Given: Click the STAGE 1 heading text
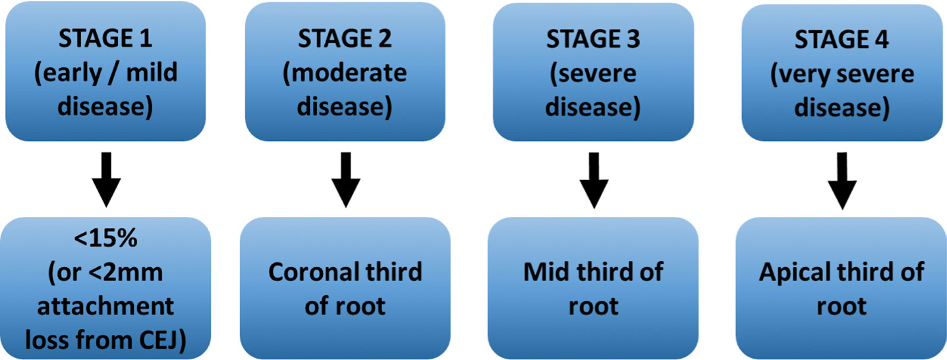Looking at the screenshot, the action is coord(105,38).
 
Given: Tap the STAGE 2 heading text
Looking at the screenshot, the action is coord(345,38).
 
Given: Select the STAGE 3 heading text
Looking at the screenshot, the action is coord(593,39).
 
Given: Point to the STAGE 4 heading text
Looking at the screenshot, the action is coord(842,40).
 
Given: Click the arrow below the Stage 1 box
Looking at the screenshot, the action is coord(107,180).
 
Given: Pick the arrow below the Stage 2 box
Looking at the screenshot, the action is coord(346,180).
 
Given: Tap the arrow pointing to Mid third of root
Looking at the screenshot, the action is coord(594,181).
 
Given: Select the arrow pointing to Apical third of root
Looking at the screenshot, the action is coord(842,181).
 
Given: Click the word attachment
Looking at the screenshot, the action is coord(105,307).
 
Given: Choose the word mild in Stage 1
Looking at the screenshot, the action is coord(152,73).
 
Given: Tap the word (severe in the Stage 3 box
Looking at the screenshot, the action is coord(592,74).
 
